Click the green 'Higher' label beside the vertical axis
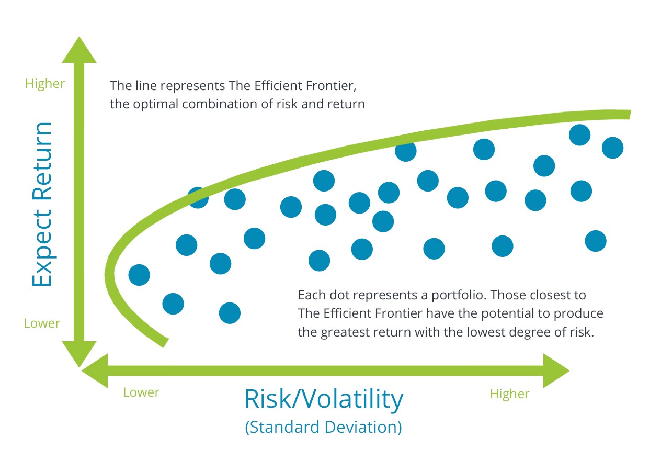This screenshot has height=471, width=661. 45,84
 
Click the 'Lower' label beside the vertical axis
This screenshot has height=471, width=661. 42,323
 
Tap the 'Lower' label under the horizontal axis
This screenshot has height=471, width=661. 141,392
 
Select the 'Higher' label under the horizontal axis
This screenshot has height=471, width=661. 510,395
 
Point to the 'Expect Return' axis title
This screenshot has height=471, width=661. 42,204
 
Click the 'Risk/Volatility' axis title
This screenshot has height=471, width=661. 324,399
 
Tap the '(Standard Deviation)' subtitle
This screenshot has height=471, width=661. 323,427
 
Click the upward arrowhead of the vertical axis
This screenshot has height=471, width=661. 79,50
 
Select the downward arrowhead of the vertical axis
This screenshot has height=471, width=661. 79,354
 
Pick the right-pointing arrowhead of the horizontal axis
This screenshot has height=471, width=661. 556,371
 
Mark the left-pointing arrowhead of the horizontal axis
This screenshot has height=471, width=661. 95,371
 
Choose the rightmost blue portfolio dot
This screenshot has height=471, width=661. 612,148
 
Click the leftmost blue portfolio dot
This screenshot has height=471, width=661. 139,275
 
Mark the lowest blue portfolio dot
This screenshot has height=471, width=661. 230,313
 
